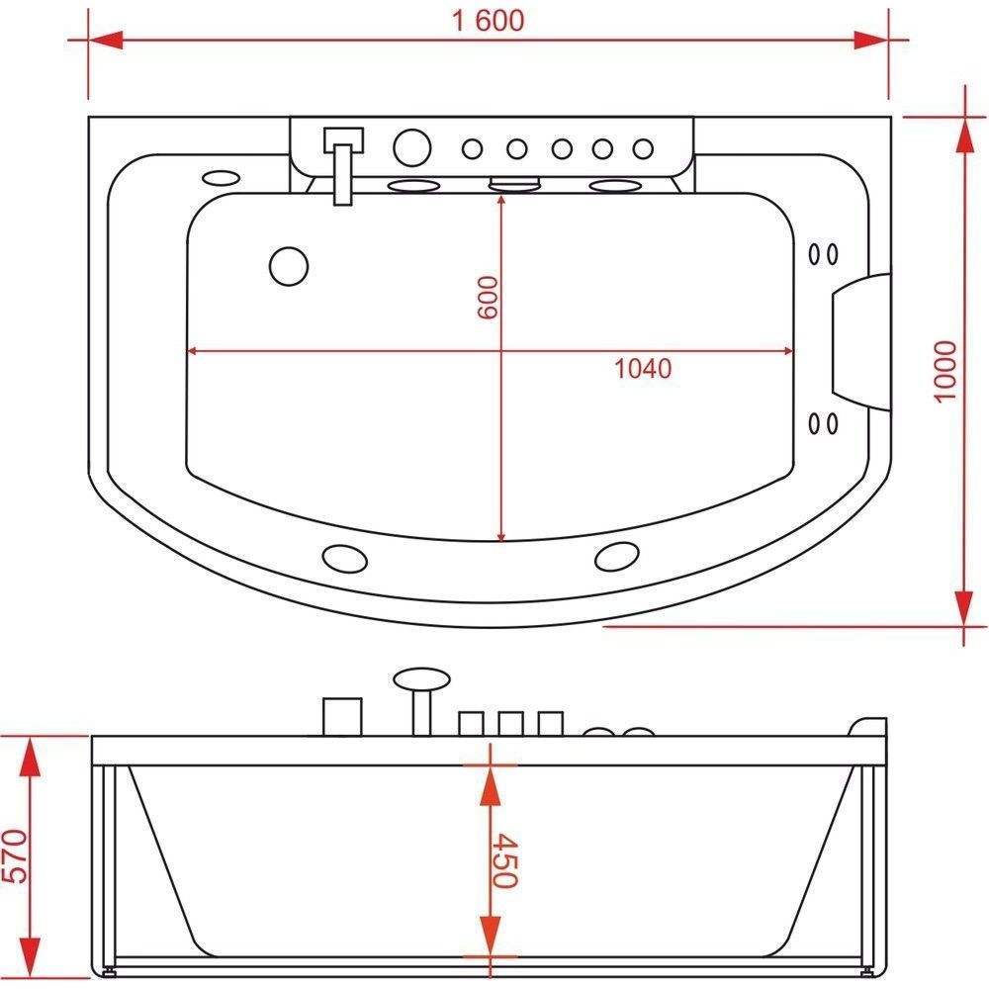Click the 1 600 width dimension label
coord(489,20)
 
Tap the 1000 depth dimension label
coord(945,371)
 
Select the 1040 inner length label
coord(643,368)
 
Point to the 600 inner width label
coord(488,297)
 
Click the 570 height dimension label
coord(15,855)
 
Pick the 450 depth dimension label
coord(504,861)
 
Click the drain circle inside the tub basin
coord(288,266)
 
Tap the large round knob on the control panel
coord(411,147)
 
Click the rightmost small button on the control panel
coord(643,149)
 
